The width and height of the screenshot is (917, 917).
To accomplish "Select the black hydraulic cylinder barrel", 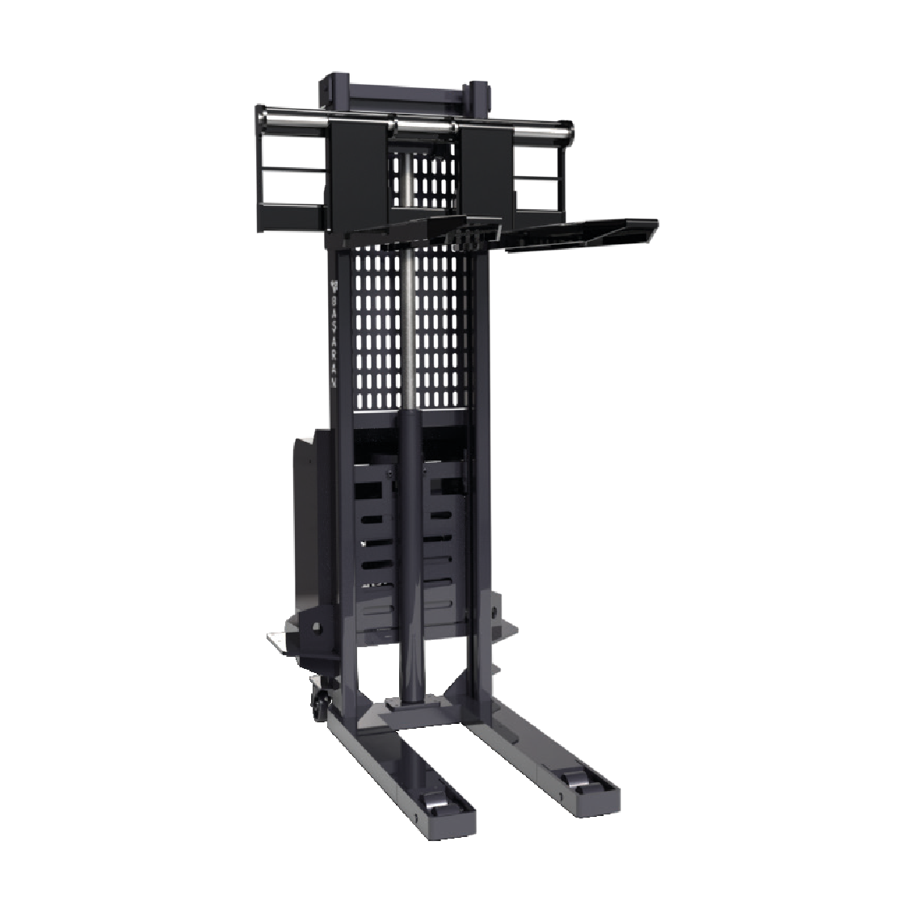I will (x=412, y=549).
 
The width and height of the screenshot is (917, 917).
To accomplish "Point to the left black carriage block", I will (x=355, y=174).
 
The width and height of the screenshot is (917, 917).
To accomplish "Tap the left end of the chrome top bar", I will (x=271, y=122).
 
